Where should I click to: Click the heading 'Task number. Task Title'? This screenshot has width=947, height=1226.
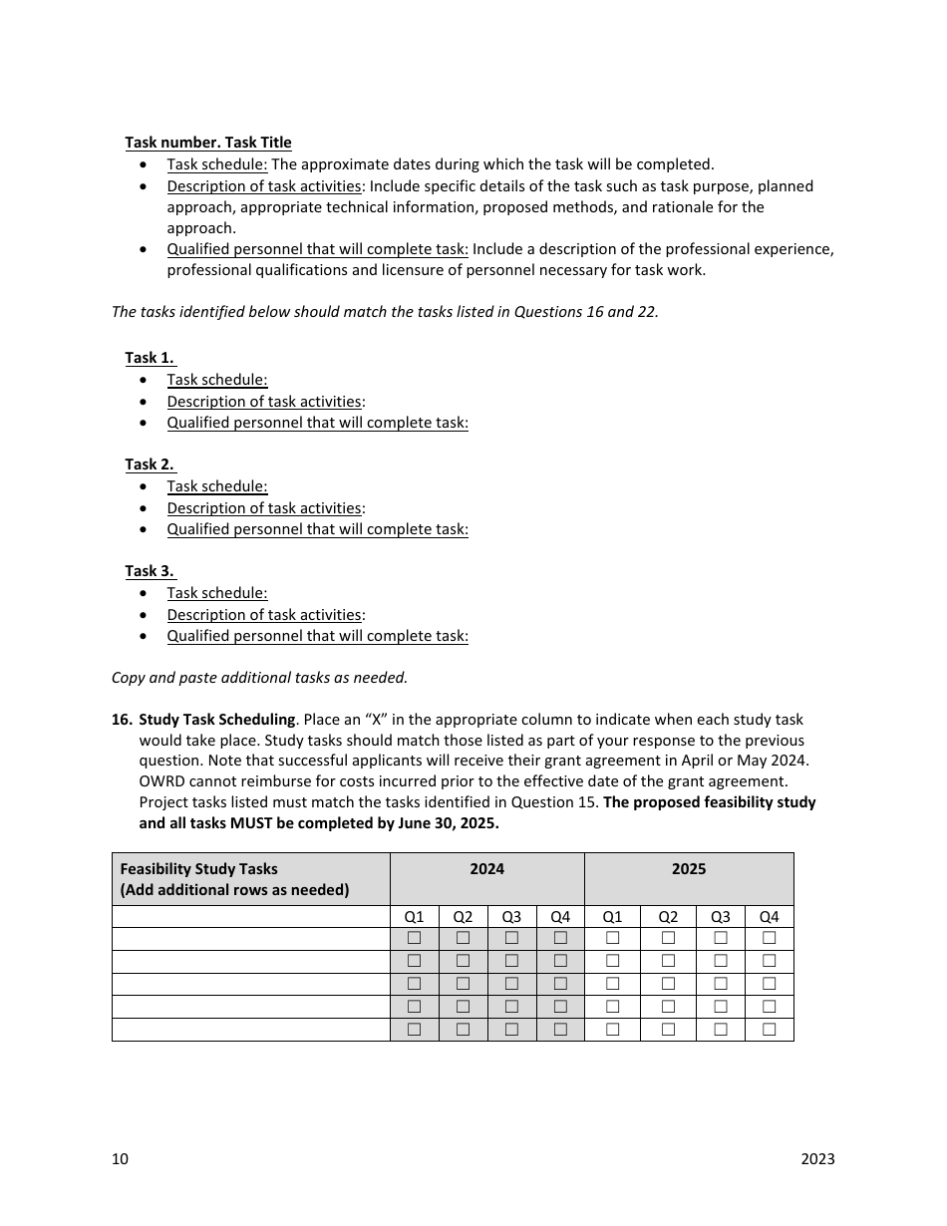point(207,143)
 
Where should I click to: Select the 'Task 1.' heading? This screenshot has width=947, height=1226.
point(150,358)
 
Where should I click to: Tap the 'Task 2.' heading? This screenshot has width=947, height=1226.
point(150,464)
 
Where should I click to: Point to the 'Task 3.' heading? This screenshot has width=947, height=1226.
point(150,571)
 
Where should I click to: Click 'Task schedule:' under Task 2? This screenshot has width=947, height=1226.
point(216,486)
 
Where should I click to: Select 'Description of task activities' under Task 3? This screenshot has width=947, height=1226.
point(263,615)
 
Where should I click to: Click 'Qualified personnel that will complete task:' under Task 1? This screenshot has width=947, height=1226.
point(317,423)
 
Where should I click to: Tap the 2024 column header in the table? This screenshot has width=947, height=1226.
point(486,869)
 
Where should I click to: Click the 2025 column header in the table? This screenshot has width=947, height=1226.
point(689,869)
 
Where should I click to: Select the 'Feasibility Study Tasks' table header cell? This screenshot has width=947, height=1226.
point(199,869)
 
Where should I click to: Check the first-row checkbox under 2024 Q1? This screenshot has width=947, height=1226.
point(414,938)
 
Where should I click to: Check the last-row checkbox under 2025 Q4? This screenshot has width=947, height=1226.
point(769,1030)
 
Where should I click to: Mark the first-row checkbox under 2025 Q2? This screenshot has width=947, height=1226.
point(668,938)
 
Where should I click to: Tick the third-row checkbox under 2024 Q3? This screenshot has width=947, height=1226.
point(511,984)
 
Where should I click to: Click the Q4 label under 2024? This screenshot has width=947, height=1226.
point(560,917)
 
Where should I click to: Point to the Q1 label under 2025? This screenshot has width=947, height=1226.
point(612,917)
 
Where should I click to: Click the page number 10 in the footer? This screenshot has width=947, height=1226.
point(120,1159)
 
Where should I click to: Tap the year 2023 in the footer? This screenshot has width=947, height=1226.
point(817,1159)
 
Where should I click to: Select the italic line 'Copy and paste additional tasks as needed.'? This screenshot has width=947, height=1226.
point(259,678)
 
